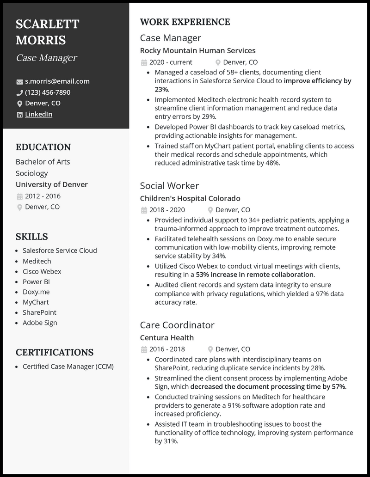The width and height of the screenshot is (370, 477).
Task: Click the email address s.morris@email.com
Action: [x=57, y=81]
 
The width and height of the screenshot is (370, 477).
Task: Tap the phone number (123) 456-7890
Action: [x=48, y=92]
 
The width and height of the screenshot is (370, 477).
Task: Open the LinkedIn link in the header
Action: [x=38, y=114]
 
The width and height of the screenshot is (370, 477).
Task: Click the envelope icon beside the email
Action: [x=19, y=82]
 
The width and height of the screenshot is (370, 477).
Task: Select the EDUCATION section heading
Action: [x=43, y=147]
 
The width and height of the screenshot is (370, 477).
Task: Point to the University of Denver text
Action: [x=51, y=184]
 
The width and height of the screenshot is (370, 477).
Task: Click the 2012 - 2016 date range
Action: [x=43, y=196]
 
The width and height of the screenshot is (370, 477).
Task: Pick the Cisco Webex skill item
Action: [x=42, y=272]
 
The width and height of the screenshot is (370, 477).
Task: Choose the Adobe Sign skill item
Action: [x=40, y=323]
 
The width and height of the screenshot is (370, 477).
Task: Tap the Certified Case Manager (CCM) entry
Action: [x=68, y=367]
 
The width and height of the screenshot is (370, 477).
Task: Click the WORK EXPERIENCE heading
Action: [x=185, y=22]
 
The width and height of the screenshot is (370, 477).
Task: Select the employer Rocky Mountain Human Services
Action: [x=197, y=50]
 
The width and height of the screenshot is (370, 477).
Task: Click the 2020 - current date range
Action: [x=171, y=62]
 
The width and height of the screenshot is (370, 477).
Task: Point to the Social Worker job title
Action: [x=169, y=186]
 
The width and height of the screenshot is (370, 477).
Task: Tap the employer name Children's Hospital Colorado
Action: [x=190, y=198]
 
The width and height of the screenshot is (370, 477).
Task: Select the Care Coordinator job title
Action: [x=177, y=325]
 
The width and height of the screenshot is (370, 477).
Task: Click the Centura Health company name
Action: [x=166, y=337]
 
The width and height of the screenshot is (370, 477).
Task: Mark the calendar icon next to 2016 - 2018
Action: [x=144, y=349]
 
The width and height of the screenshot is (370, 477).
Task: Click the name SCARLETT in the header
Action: [x=48, y=24]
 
